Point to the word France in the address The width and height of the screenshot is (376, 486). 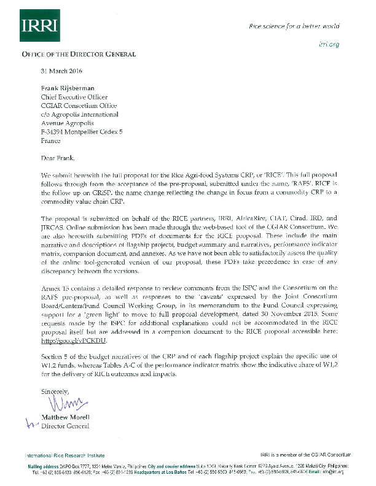50,140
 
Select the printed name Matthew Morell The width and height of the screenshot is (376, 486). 65,417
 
